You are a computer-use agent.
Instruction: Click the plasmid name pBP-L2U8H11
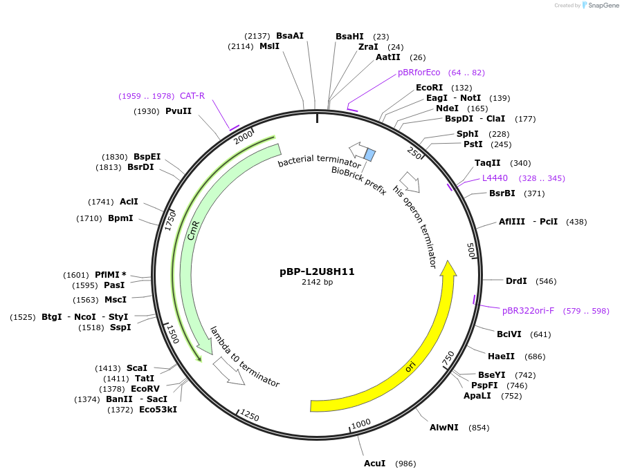point(317,272)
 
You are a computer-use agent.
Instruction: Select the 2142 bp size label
point(317,282)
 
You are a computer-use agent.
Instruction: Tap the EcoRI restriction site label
point(429,88)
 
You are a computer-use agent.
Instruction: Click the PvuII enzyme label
point(179,111)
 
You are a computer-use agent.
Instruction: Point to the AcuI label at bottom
point(374,463)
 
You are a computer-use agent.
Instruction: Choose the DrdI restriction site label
point(515,280)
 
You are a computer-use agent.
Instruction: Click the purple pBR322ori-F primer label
point(528,311)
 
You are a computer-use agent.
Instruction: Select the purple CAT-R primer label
point(192,96)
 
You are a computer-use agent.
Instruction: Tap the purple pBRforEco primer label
point(419,72)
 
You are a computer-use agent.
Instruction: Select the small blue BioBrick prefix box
point(369,155)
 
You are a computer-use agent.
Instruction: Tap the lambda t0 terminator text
point(245,356)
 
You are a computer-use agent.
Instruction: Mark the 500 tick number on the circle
point(472,250)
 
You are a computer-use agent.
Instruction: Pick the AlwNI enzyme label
point(443,428)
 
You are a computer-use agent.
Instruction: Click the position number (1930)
point(147,111)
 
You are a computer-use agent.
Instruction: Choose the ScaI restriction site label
point(136,368)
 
